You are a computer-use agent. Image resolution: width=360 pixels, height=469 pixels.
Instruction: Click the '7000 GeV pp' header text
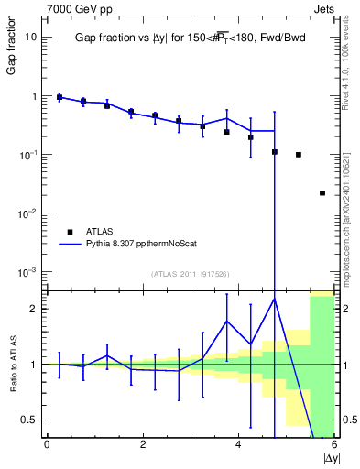point(75,9)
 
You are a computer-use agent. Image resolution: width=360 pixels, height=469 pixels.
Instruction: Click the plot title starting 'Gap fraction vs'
point(191,39)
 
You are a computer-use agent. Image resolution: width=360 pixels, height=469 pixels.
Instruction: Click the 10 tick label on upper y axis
point(29,38)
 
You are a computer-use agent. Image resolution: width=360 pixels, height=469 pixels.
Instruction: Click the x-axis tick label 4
point(238,444)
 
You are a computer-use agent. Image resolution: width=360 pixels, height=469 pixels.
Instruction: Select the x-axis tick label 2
point(142,444)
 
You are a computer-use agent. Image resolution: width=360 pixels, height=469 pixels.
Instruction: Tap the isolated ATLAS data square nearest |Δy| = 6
point(322,193)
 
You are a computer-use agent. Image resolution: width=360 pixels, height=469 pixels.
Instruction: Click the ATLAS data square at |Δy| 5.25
point(299,155)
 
